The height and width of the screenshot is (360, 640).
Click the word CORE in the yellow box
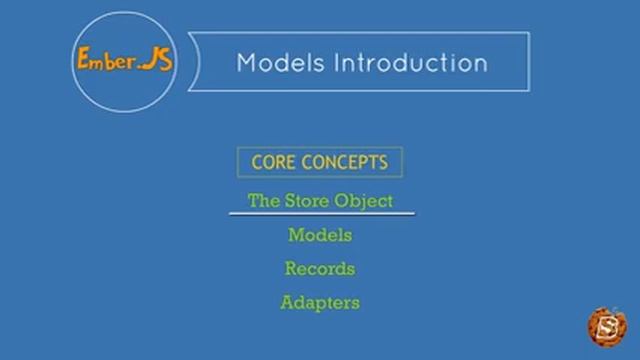click(273, 162)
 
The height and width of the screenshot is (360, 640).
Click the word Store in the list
click(309, 201)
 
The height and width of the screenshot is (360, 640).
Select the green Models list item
click(320, 235)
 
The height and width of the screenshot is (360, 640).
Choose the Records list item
click(320, 269)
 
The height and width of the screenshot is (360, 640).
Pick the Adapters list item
click(320, 302)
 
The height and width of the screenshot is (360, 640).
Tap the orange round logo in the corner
click(606, 327)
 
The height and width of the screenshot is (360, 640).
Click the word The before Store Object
click(263, 201)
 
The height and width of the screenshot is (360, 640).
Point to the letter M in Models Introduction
click(246, 63)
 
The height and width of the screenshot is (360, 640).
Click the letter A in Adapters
click(287, 302)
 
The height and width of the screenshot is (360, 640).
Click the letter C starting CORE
click(257, 162)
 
